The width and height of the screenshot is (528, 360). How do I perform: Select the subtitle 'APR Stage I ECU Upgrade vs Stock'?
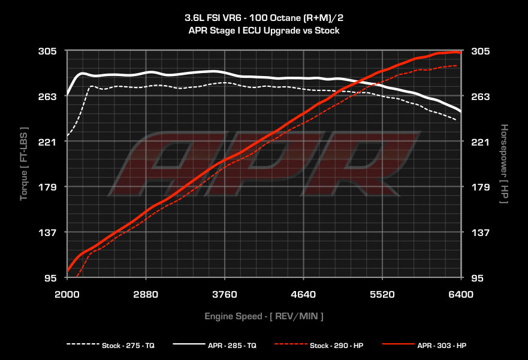click(264, 30)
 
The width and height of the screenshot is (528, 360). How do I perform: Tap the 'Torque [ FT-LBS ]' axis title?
click(25, 164)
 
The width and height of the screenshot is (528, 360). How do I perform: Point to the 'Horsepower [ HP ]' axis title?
click(504, 164)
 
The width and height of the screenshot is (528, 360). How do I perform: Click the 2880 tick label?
click(146, 294)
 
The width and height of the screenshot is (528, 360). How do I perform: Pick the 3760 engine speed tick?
click(225, 294)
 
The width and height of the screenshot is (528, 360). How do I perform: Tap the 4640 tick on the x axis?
click(303, 294)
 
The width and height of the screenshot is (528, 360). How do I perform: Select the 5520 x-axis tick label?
click(382, 294)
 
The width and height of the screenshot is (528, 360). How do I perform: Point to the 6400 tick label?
click(461, 294)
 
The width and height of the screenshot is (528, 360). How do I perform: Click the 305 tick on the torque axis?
click(48, 52)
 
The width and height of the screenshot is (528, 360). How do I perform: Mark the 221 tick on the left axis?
click(48, 142)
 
